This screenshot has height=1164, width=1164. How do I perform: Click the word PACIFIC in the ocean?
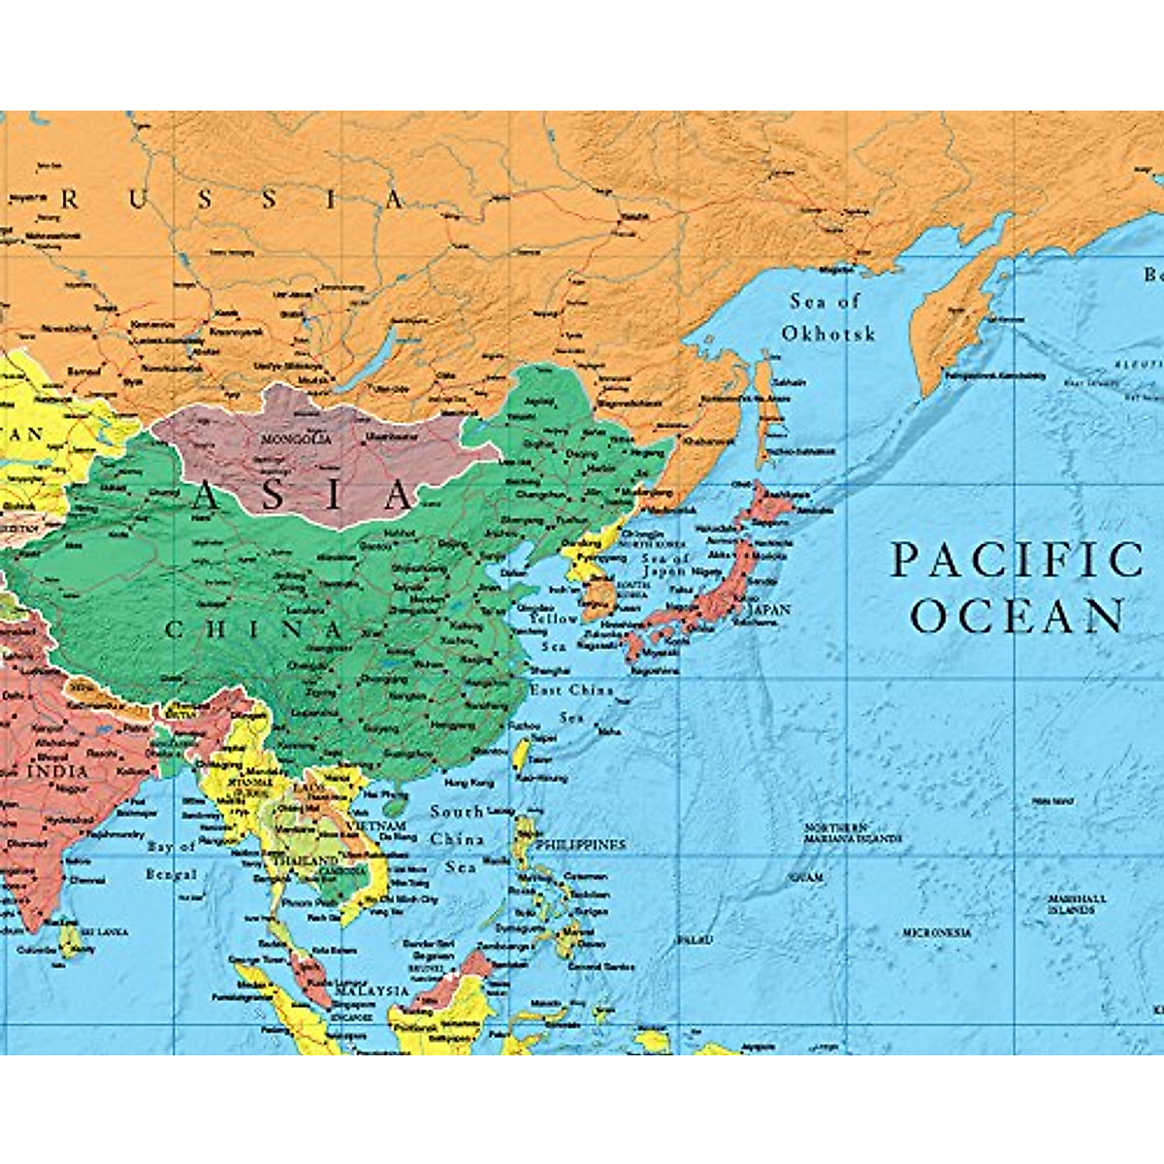coord(1016,561)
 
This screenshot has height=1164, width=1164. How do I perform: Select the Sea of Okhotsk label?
coord(826,317)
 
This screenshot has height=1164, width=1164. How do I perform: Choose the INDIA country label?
coord(57,772)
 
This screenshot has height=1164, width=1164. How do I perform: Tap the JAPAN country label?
coord(769,611)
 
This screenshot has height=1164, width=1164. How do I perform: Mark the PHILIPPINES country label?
coord(581,845)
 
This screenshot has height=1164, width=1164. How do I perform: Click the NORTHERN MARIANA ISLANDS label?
coord(853,832)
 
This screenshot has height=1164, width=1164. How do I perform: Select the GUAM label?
coord(807,877)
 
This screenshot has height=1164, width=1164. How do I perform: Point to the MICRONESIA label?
coord(937,933)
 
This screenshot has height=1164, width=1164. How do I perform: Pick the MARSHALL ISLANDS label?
coord(1077,905)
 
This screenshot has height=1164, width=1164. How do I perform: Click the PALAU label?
coord(695,940)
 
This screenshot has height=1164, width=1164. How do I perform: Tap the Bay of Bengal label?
coord(173,860)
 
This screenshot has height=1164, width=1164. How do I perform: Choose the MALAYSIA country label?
coord(372,991)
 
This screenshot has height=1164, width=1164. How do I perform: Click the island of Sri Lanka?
coord(69,939)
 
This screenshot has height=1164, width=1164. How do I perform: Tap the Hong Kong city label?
coord(469,782)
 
